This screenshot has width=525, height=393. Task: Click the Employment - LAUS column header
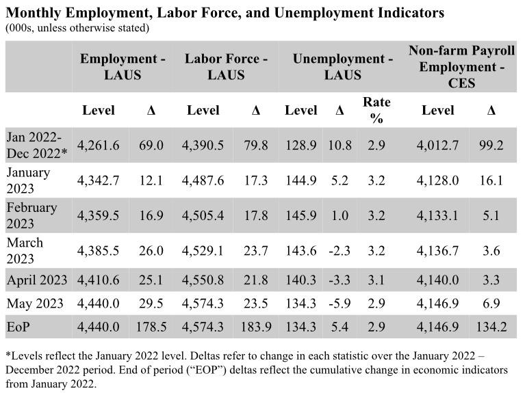123,66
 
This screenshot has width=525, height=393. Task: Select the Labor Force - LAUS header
226,66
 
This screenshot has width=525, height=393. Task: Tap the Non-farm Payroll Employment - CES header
462,66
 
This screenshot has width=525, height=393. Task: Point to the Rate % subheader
376,109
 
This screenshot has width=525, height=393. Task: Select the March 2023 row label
25,250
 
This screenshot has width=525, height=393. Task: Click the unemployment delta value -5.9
340,303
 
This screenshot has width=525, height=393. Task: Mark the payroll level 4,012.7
438,146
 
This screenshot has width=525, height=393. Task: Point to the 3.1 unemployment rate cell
376,280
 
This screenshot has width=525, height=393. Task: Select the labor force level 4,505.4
203,215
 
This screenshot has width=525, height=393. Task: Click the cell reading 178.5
151,327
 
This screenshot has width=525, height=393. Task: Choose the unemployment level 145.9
301,215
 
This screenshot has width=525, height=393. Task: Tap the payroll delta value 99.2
491,146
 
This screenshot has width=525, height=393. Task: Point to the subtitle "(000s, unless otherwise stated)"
77,28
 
